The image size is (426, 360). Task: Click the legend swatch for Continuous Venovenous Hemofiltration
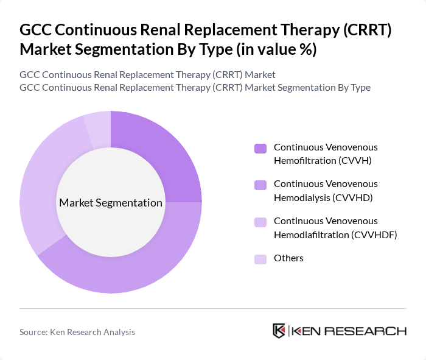pos(260,148)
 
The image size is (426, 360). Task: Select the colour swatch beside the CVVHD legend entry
pos(260,185)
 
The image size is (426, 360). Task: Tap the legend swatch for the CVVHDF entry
pos(260,222)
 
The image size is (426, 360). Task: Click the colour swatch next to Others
pos(260,259)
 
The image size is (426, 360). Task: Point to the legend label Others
pos(288,258)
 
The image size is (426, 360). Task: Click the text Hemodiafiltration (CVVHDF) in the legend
pos(335,234)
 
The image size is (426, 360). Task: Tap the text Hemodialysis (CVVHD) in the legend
pos(323,197)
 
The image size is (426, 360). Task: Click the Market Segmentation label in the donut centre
pos(111,203)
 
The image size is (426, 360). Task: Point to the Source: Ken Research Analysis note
pos(77,332)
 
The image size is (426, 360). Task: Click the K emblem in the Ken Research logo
pos(279,331)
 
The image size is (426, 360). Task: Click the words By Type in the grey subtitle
pos(354,87)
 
